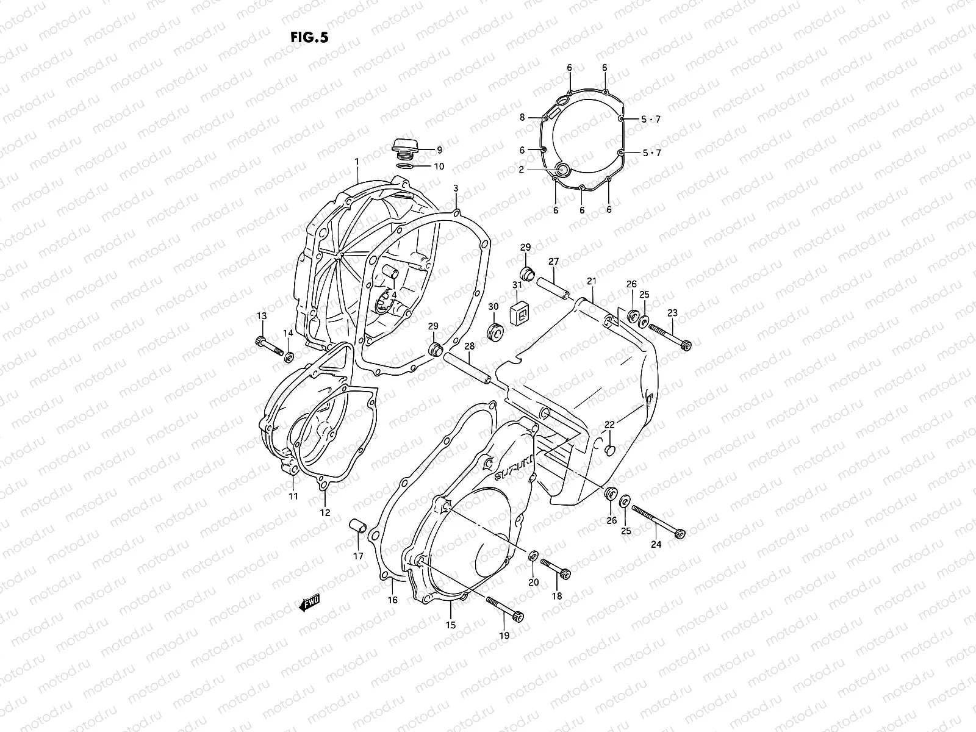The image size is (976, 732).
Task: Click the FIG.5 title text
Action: click(x=310, y=37)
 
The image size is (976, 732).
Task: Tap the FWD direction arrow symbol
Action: click(x=310, y=603)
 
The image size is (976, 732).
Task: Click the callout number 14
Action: click(x=287, y=332)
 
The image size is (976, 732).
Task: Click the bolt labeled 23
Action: click(x=670, y=337)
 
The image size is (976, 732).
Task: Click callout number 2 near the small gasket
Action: click(x=521, y=170)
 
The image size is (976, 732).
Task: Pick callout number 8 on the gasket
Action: click(x=522, y=118)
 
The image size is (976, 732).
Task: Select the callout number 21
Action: click(x=591, y=281)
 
